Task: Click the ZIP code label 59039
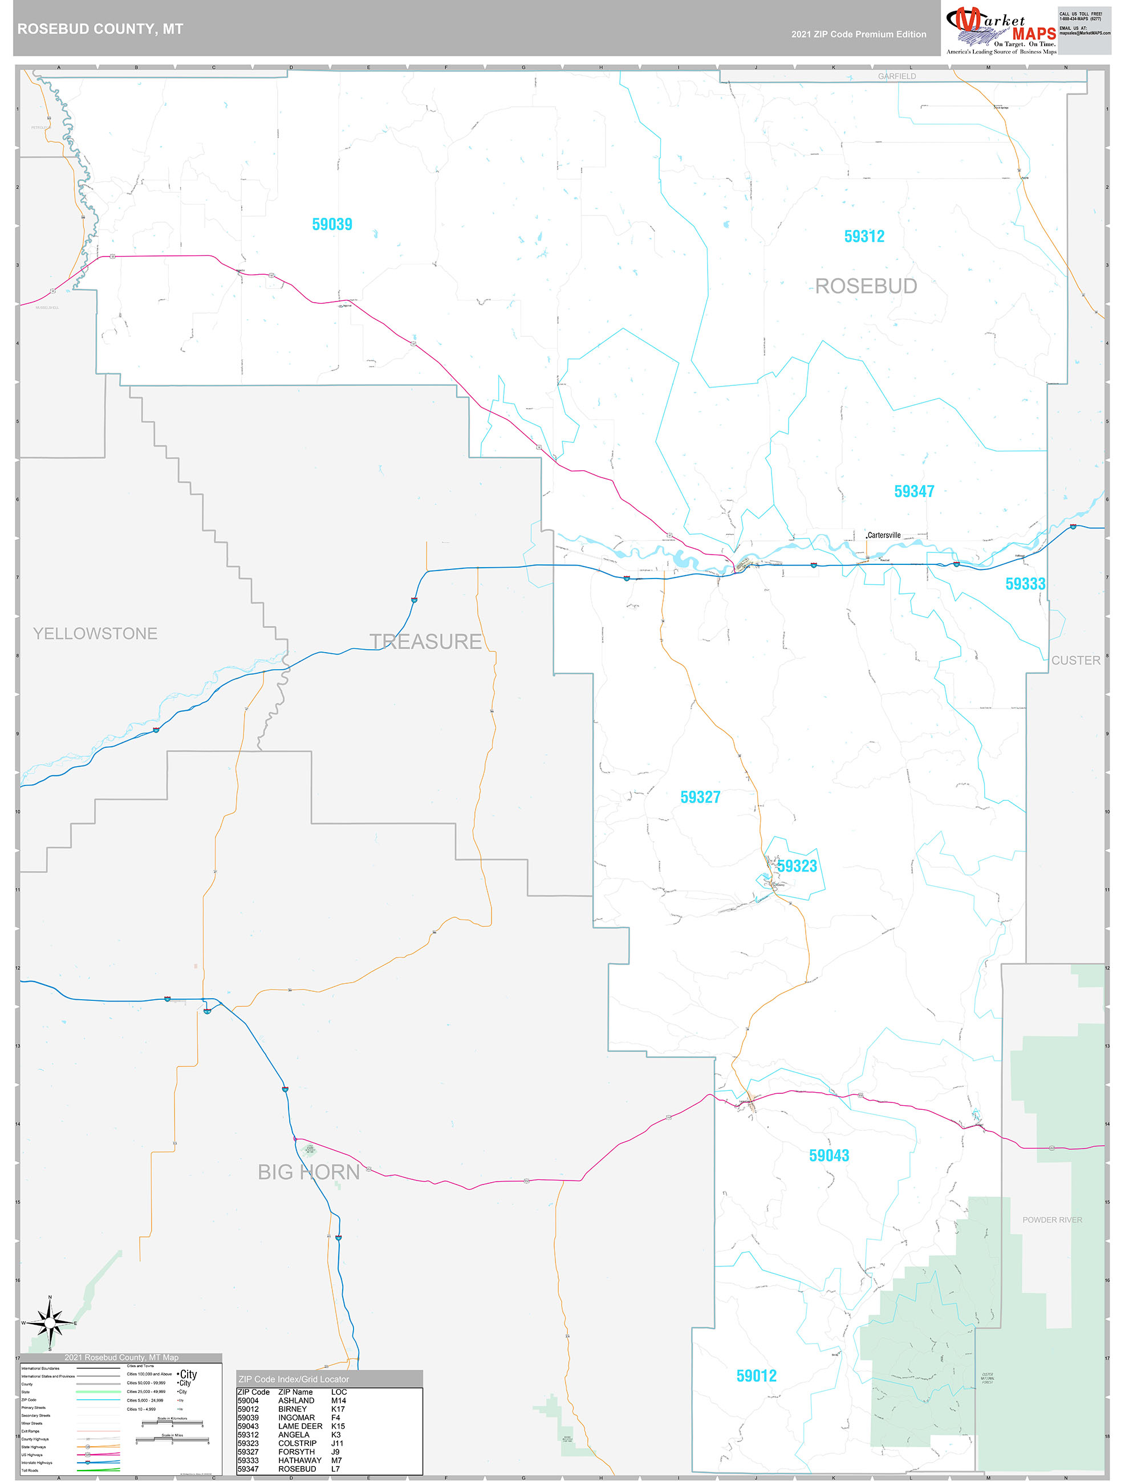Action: click(332, 225)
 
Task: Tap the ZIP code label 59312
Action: click(864, 237)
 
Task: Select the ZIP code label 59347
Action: click(914, 491)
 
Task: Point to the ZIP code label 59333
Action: click(1025, 584)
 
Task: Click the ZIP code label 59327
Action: click(700, 797)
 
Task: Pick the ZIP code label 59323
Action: click(797, 866)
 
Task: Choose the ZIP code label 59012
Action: click(756, 1375)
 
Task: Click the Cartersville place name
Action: click(884, 535)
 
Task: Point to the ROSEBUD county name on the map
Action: click(866, 286)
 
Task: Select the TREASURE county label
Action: click(425, 641)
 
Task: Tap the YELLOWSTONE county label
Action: click(95, 633)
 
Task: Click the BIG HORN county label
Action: click(309, 1172)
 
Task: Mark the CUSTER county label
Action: click(1075, 660)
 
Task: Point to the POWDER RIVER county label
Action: click(1052, 1219)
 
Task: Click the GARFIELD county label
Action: click(896, 76)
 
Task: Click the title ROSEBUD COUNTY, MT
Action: click(100, 29)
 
